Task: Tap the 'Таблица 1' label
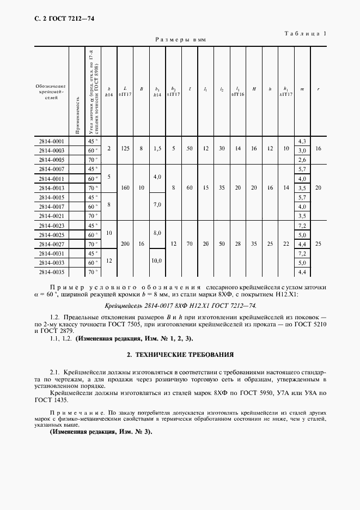[x=306, y=33]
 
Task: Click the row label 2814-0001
[x=51, y=141]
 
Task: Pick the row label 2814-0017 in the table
[x=51, y=207]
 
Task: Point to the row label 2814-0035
[x=51, y=271]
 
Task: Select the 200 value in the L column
[x=125, y=244]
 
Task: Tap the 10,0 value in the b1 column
[x=157, y=261]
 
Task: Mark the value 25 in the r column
[x=319, y=244]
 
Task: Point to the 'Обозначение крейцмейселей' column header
[x=51, y=90]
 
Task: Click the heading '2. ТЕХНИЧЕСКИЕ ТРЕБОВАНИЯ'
[x=180, y=355]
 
